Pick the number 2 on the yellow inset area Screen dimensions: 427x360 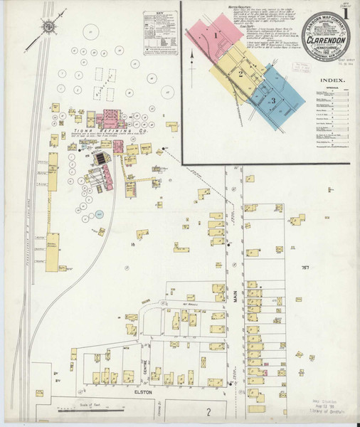(241, 73)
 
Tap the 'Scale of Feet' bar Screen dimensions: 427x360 (84, 408)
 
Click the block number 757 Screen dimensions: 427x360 (305, 267)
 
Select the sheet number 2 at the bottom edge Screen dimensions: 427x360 (208, 413)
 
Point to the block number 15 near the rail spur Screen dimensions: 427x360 (132, 245)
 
